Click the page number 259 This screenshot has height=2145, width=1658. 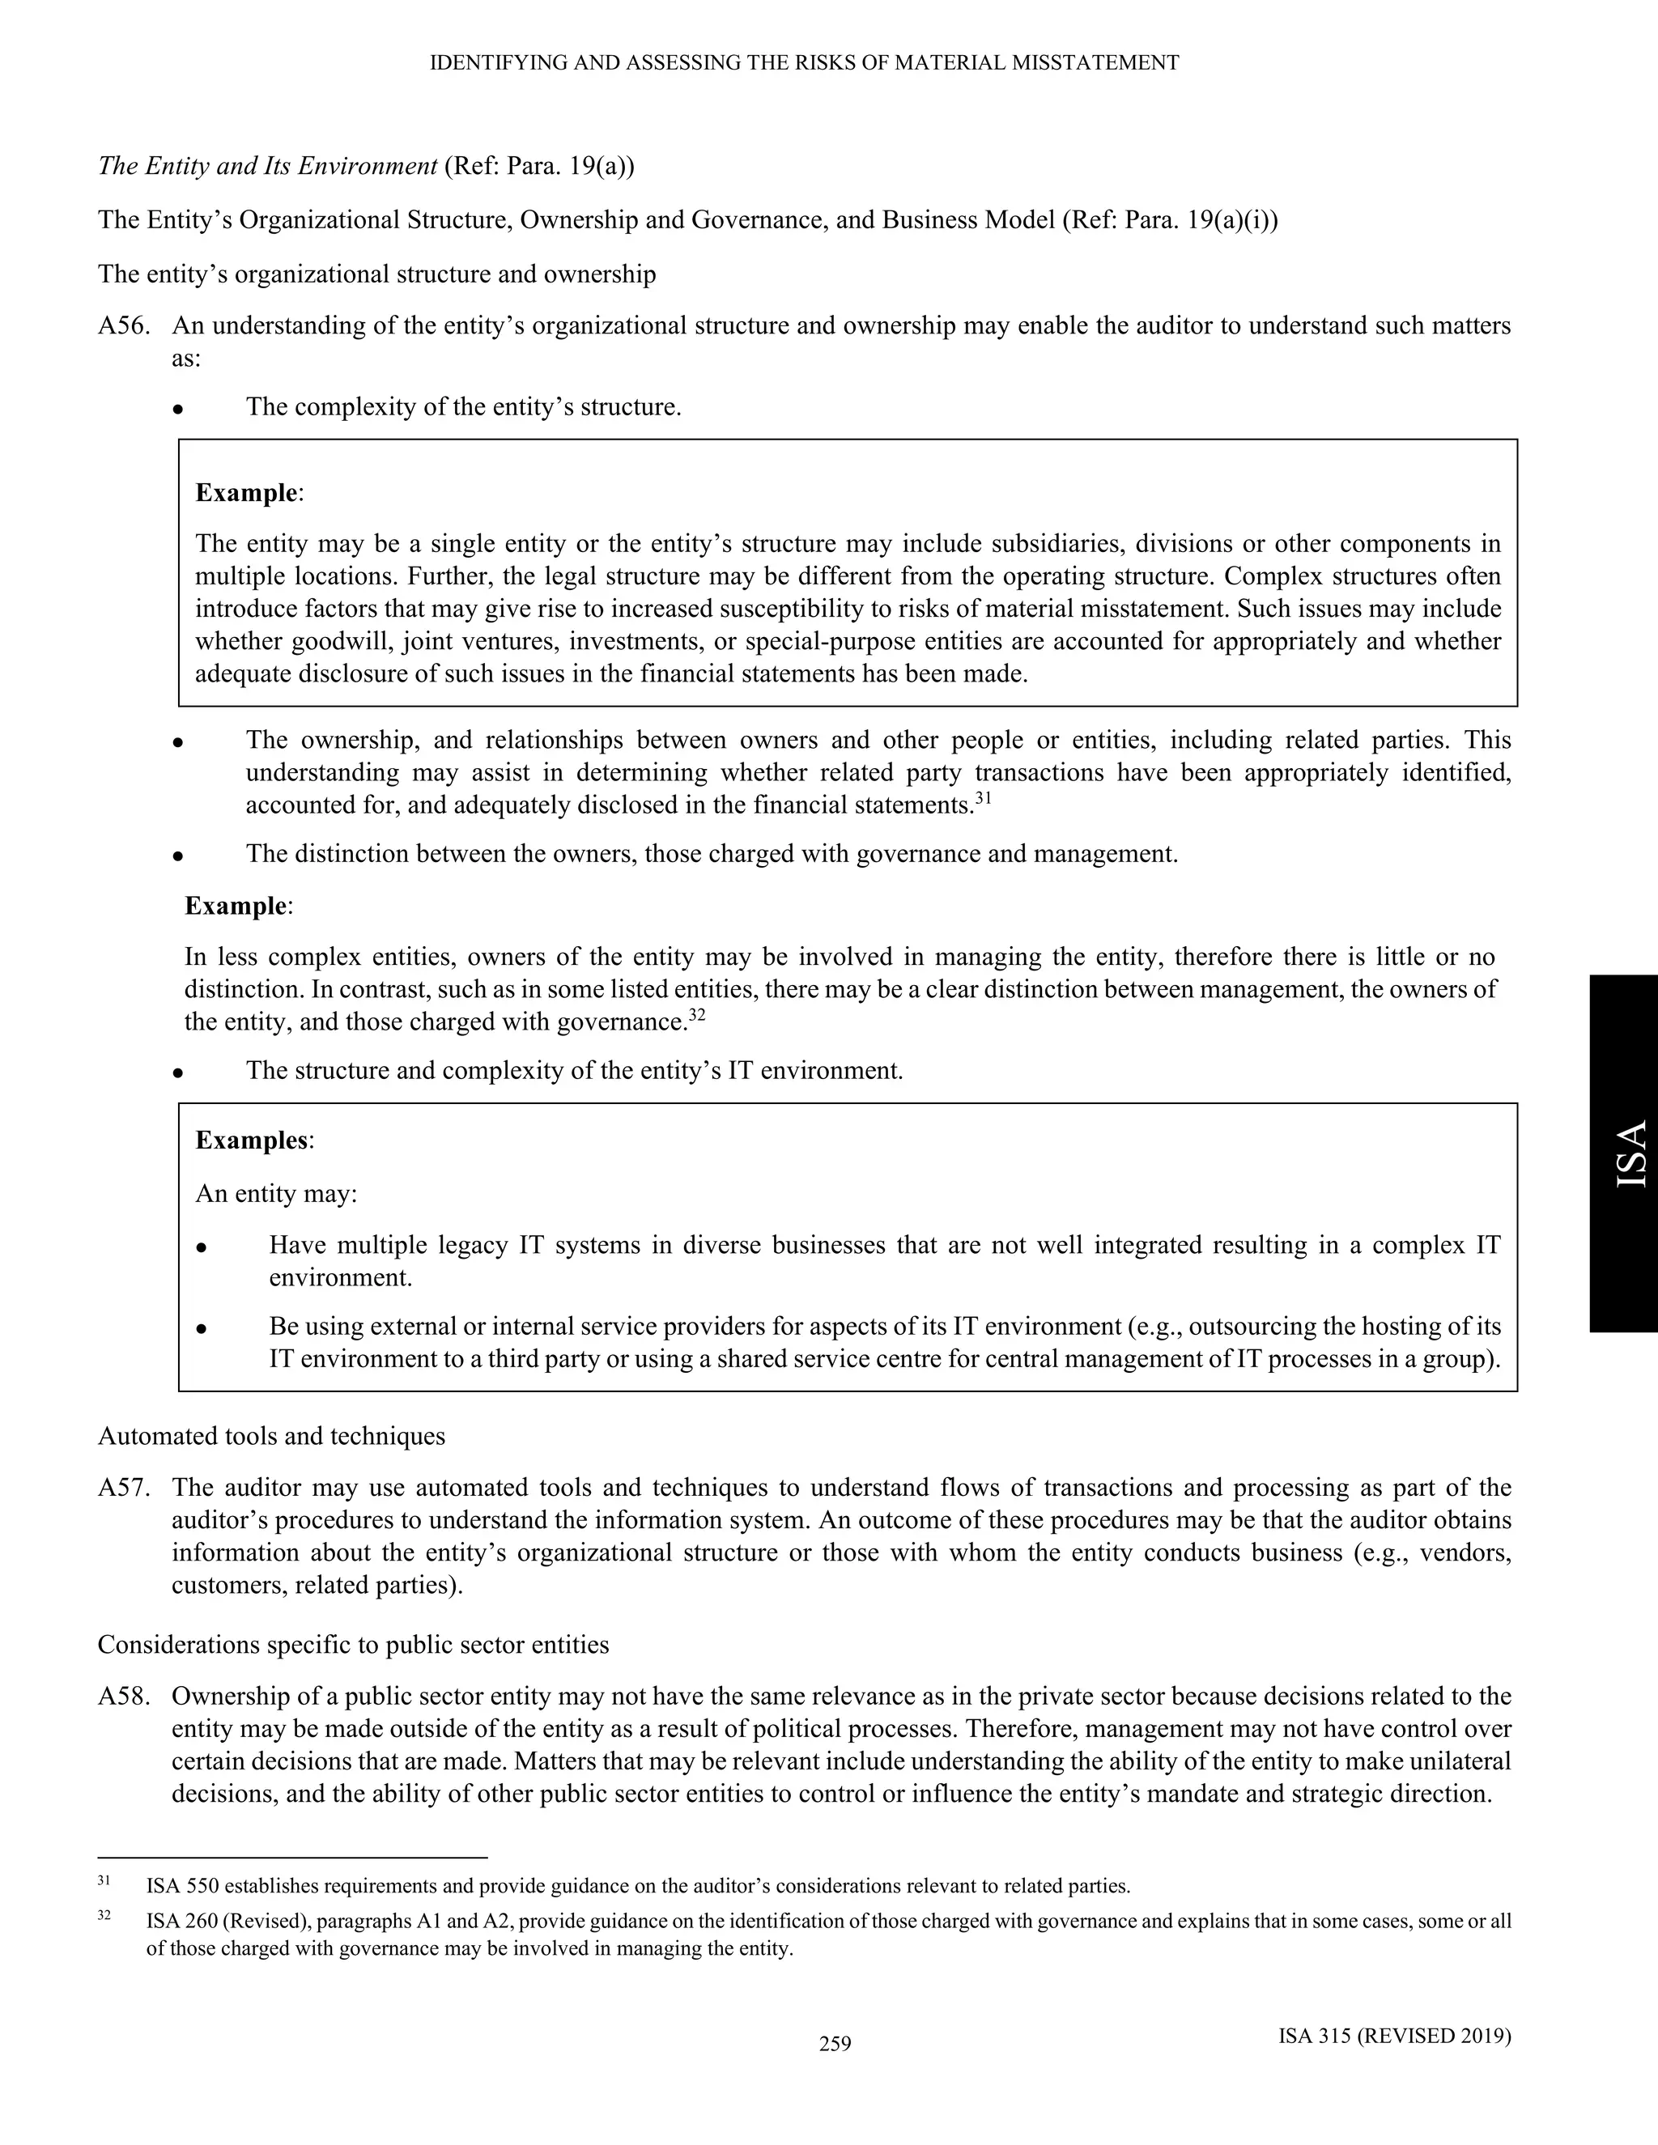click(835, 2044)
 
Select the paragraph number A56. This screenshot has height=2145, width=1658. click(124, 326)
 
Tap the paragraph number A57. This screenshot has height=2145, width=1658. click(124, 1488)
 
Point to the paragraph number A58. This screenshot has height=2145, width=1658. click(124, 1696)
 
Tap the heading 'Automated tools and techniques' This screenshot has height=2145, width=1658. click(271, 1436)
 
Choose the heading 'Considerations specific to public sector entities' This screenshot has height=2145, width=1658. click(354, 1644)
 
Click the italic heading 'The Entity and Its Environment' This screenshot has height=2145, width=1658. click(267, 166)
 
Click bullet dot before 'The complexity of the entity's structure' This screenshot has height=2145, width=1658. click(178, 409)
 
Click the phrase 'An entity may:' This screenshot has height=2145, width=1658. click(276, 1193)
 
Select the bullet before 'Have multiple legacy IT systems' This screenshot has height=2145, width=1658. click(202, 1247)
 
